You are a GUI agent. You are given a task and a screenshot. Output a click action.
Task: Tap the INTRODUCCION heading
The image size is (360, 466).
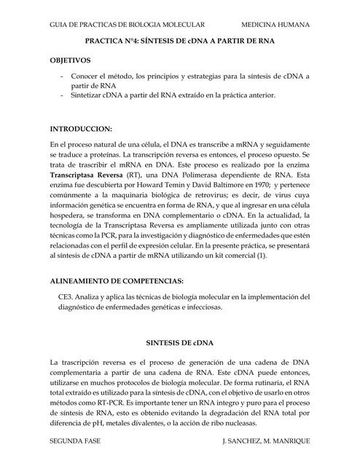(x=81, y=127)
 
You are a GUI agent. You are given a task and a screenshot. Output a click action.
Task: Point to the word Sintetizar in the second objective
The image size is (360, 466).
(x=90, y=95)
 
